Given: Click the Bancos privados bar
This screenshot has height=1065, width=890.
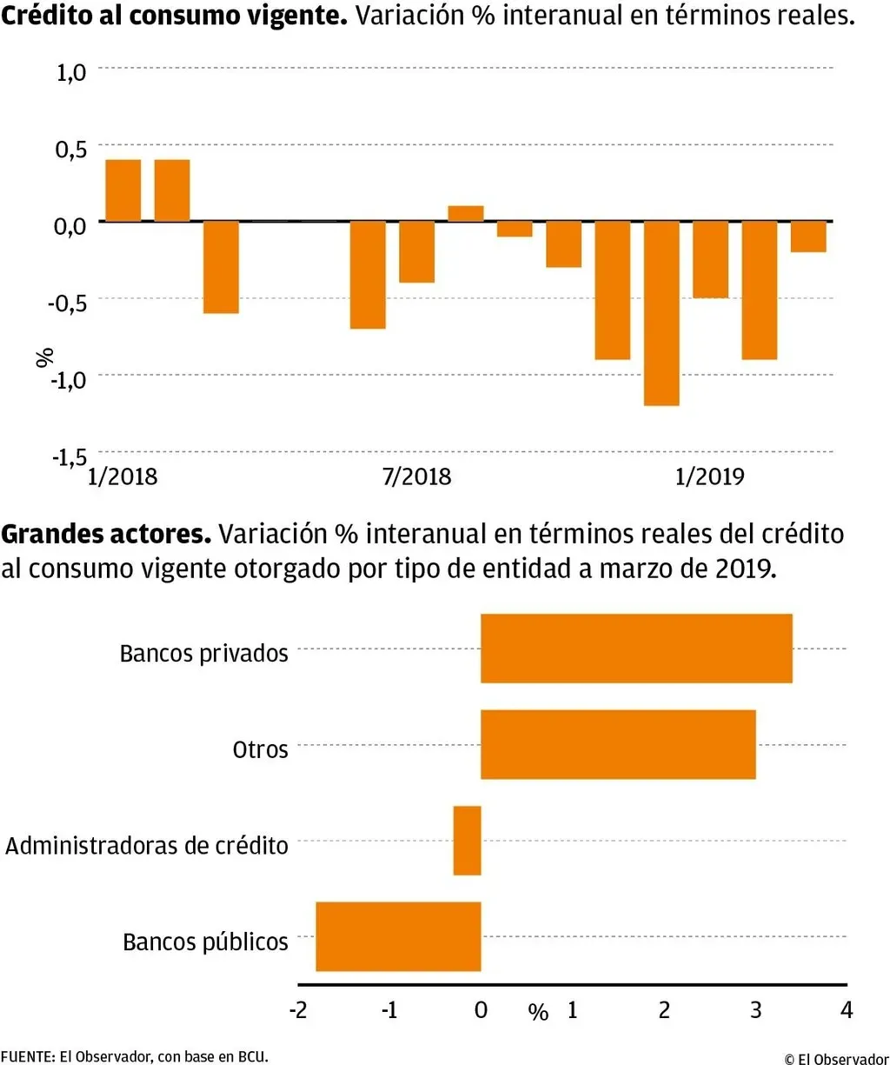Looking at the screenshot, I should pos(636,649).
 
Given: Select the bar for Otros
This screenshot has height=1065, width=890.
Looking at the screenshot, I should pos(618,744).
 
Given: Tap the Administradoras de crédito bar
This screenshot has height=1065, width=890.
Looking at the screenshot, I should pos(467,841).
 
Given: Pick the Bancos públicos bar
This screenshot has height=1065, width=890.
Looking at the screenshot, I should pos(398,936).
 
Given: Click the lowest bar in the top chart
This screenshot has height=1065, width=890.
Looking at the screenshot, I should pos(661,313).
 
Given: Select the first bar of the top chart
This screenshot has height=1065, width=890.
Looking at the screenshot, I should pos(123,190).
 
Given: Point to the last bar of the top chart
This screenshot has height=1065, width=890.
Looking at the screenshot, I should pos(808,236).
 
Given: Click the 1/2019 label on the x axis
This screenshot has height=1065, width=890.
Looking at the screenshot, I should pos(709,476).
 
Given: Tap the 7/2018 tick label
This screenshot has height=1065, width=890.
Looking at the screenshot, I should pos(417,476).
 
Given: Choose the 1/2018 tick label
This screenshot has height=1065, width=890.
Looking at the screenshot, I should pos(123,476).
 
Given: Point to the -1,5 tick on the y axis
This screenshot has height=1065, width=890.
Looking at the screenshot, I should pos(70,456).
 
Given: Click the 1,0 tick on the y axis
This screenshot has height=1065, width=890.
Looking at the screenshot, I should pos(71,72).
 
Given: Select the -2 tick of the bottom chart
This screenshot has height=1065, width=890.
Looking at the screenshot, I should pos(298,1010).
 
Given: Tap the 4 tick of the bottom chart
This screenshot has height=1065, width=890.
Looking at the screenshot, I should pos(847,1010).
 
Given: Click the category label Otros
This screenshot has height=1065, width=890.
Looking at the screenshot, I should pos(260,749).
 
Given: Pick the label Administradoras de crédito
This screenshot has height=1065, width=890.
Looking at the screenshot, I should pos(147,846).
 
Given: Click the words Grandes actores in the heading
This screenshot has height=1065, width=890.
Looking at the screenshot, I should pos(106,534).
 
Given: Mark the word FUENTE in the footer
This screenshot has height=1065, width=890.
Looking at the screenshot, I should pos(27,1057).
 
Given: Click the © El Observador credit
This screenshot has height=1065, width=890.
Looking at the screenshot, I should pos(836,1058).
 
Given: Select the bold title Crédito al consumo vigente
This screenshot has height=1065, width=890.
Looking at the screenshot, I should pos(174,16).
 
